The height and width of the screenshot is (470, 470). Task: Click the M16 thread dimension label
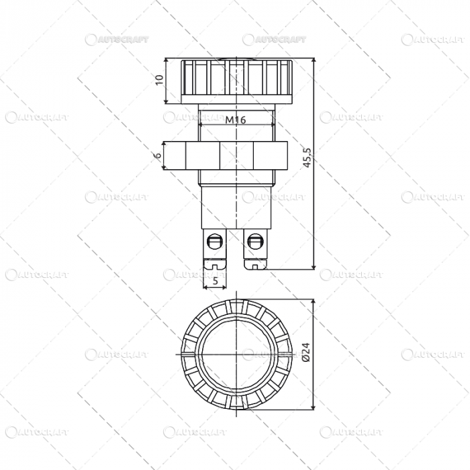coord(236,120)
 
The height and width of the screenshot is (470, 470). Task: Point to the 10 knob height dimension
coord(159,80)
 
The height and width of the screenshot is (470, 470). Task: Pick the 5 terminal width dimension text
coord(215,281)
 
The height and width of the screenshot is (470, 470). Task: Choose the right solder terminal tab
coord(255,248)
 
